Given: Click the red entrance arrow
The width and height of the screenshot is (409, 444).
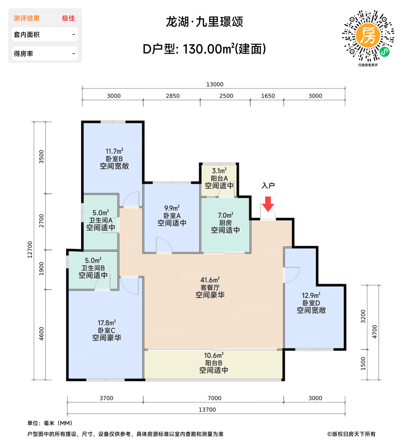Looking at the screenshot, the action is point(268,204).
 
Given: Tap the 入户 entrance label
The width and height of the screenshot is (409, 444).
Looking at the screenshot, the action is point(268,186).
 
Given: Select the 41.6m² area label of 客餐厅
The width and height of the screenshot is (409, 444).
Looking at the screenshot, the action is point(210,280).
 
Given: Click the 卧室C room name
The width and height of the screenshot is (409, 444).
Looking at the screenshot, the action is point(107,330).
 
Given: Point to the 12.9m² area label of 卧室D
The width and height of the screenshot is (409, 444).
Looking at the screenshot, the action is point(311,295).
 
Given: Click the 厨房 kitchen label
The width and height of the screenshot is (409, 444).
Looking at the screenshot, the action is point(225,223).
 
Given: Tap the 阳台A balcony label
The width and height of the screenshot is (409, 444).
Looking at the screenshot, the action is point(219,178).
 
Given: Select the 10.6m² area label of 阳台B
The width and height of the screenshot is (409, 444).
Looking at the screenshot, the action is point(214,355).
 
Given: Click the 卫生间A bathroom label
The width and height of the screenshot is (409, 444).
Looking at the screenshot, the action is point(101,220).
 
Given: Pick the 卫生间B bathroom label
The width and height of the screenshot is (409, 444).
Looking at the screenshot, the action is point(93,268).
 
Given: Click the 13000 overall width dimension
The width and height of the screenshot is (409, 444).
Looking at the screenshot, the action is point(215,84).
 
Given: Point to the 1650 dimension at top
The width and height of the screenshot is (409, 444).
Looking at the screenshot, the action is point(268,96).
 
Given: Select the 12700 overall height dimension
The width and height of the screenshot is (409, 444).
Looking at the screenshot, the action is point(30,250).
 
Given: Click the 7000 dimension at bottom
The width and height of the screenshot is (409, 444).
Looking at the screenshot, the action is point(214,398).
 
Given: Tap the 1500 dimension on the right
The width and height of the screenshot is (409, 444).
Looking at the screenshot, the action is point(363,363).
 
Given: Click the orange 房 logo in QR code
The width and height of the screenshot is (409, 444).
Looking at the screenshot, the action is point(368,36).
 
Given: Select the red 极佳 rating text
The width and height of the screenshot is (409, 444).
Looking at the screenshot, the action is point(69,18).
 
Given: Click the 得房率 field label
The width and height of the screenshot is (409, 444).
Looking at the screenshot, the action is point(23,54).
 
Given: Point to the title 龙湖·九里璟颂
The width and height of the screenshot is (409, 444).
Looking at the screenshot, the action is point(204,22).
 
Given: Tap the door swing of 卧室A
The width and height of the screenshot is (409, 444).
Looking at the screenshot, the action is point(164,245).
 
